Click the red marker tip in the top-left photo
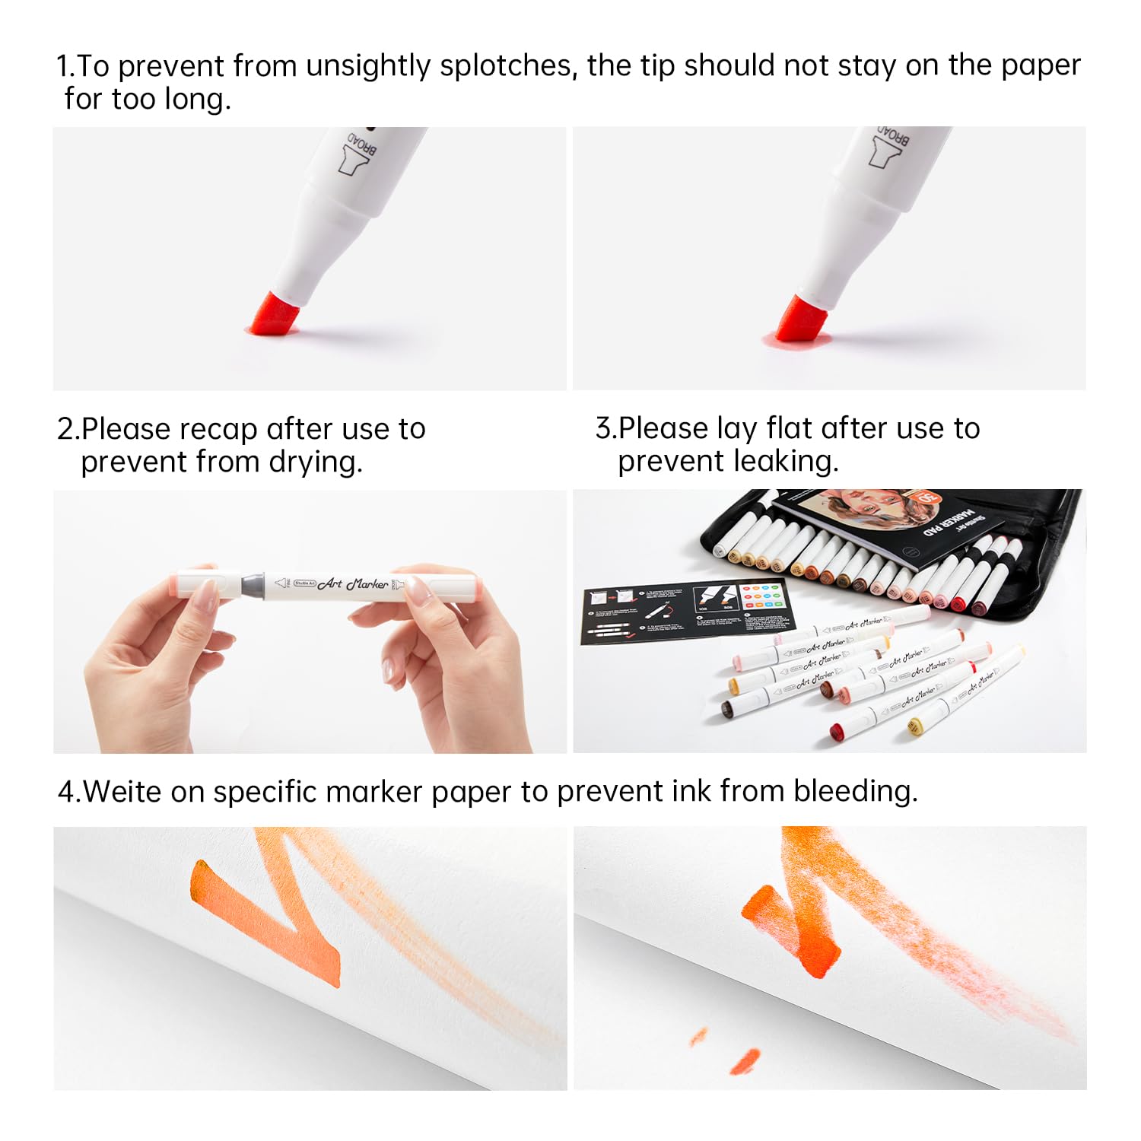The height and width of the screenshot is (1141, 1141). pyautogui.click(x=272, y=316)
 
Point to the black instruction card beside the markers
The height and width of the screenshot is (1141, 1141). pyautogui.click(x=685, y=612)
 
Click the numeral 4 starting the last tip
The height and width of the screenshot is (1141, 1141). pyautogui.click(x=65, y=792)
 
